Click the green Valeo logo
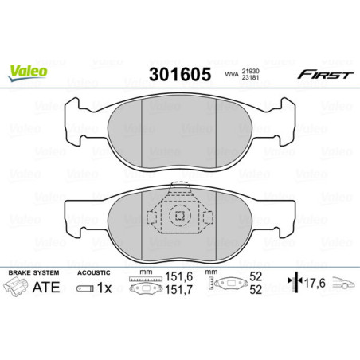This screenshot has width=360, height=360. (28, 72)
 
